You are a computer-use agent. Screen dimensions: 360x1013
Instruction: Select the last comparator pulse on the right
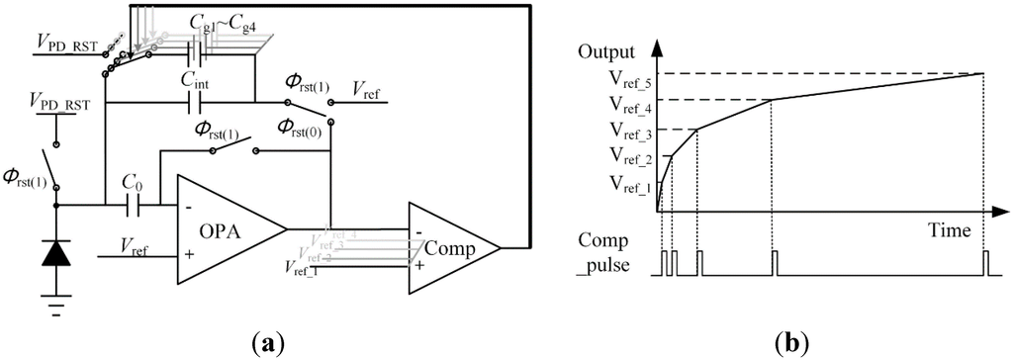click(985, 263)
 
